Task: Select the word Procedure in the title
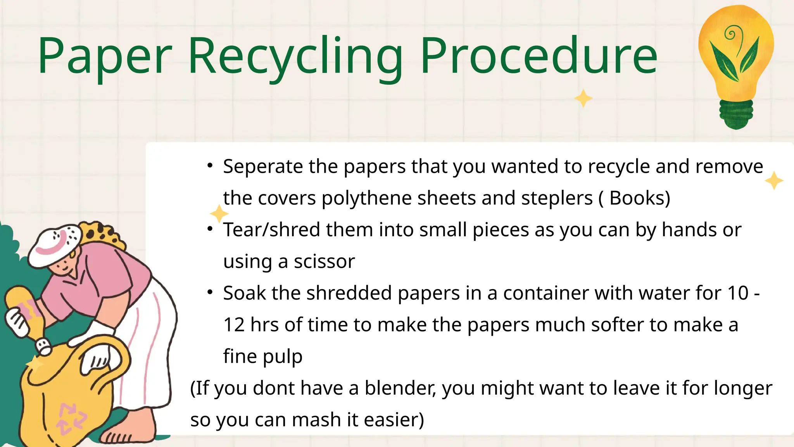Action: tap(539, 56)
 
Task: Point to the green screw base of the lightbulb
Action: tap(736, 114)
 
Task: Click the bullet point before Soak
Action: tap(210, 292)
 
